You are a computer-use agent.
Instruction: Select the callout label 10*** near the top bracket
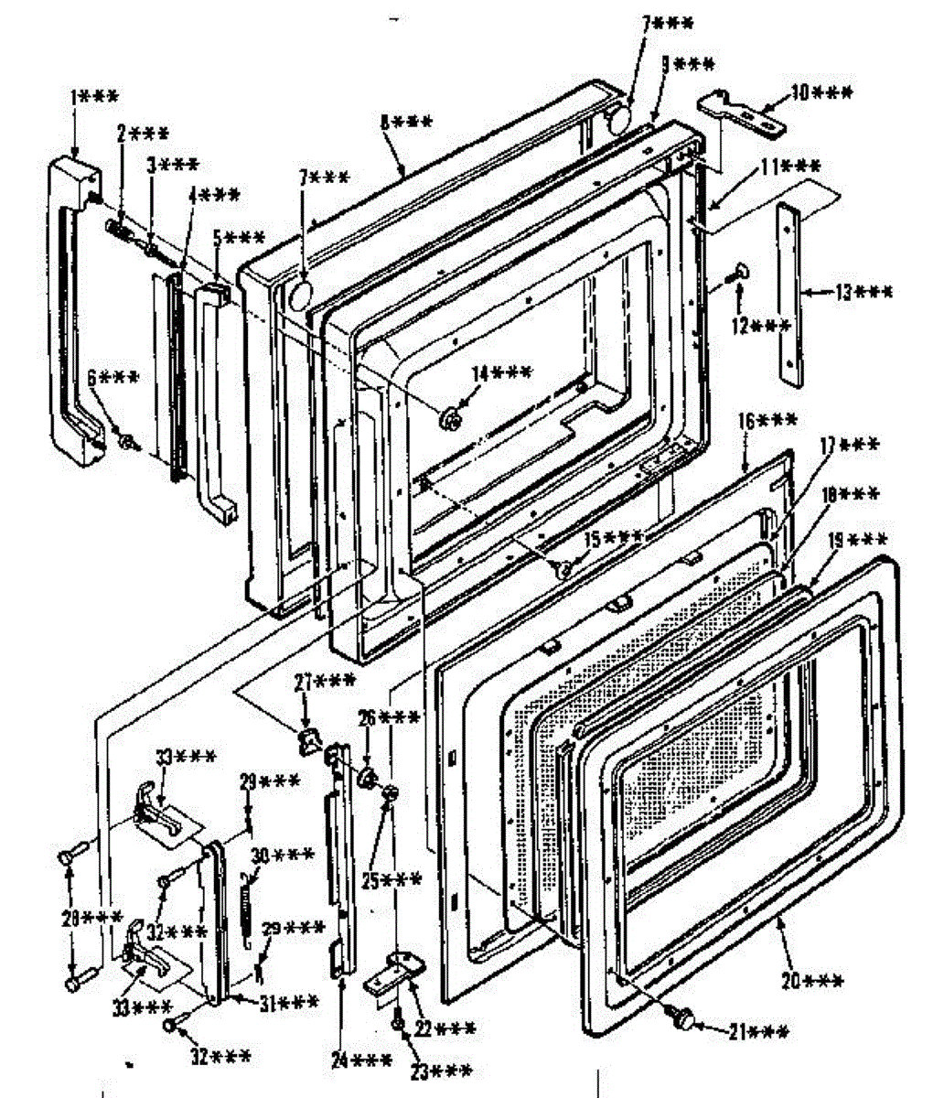(x=821, y=93)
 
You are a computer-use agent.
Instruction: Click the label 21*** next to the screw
(x=758, y=1033)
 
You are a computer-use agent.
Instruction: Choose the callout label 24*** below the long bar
(x=362, y=1061)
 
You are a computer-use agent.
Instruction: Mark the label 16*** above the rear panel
(x=767, y=422)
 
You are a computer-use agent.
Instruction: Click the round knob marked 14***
(x=450, y=418)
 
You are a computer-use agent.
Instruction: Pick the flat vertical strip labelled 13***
(x=789, y=293)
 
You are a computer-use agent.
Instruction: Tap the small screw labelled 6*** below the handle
(x=128, y=443)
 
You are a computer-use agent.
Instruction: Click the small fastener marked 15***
(x=564, y=569)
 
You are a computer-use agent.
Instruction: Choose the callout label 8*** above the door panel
(x=406, y=122)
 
